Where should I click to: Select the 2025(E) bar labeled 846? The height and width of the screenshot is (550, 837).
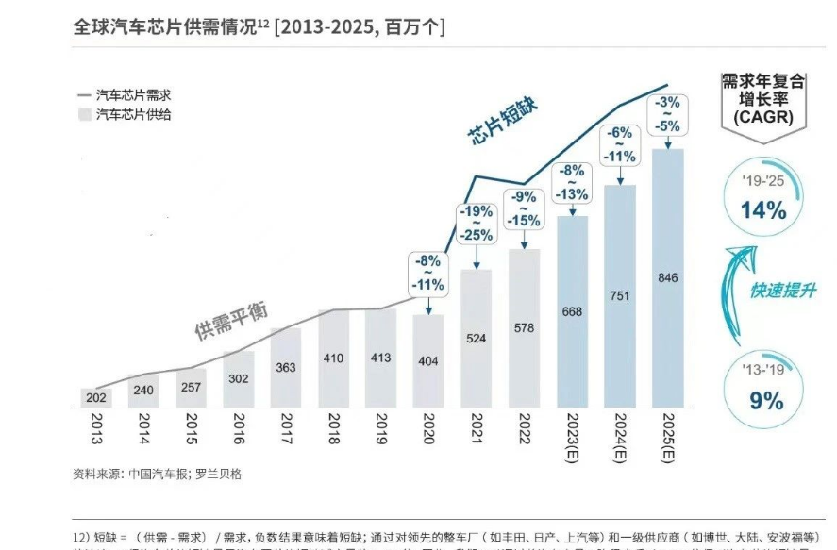coord(667,278)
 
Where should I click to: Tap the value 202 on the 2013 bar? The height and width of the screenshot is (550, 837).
coord(94,398)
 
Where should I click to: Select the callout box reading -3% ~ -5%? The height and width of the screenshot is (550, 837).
coord(667,113)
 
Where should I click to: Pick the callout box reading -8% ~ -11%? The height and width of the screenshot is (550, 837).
coord(428,273)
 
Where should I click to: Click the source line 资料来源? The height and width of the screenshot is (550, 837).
coord(157,474)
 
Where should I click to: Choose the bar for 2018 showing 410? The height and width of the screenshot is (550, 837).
coord(333,358)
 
